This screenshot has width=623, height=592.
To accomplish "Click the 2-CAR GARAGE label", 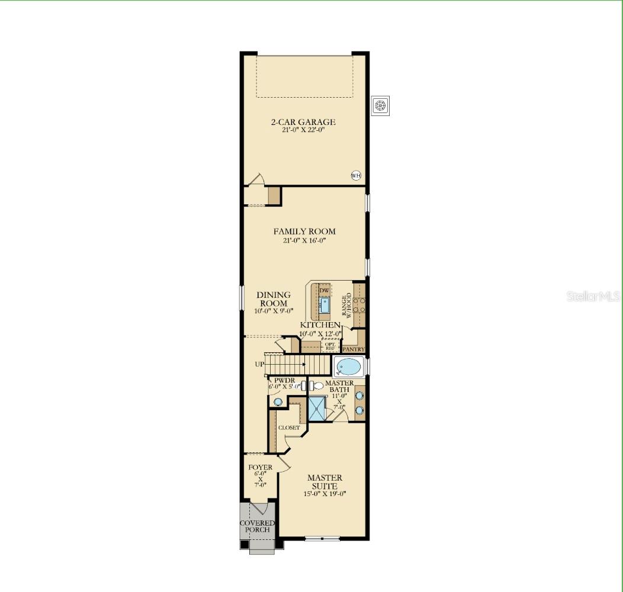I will coord(303,122).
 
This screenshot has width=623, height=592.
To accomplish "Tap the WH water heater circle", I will coord(356,175).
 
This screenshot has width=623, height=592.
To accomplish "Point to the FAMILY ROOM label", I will coord(304,231).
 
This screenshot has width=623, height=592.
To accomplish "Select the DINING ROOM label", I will coord(274,299).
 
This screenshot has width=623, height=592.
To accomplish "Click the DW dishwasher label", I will coord(324,290).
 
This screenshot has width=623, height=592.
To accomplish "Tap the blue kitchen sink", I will coord(325,305).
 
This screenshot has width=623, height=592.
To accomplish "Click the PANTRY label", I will coord(353,349).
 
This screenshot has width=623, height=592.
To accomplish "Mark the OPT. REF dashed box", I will coord(329,345).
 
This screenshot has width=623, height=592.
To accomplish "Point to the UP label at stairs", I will coord(260,364).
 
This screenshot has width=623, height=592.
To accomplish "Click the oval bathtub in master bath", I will coord(348,368).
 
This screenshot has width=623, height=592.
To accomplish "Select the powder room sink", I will coord(278,401).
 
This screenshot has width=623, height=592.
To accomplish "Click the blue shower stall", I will coord(318,408).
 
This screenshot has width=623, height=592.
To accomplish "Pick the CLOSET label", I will coord(289,427).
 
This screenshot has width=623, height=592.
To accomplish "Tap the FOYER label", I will coord(261,468).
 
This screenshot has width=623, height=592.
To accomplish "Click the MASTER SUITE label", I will coord(325,482).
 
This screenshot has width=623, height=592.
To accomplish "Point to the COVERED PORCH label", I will coord(257,526).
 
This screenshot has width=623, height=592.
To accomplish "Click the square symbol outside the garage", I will coord(380,105).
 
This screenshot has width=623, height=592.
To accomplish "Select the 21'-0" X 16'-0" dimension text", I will coord(304,241).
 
